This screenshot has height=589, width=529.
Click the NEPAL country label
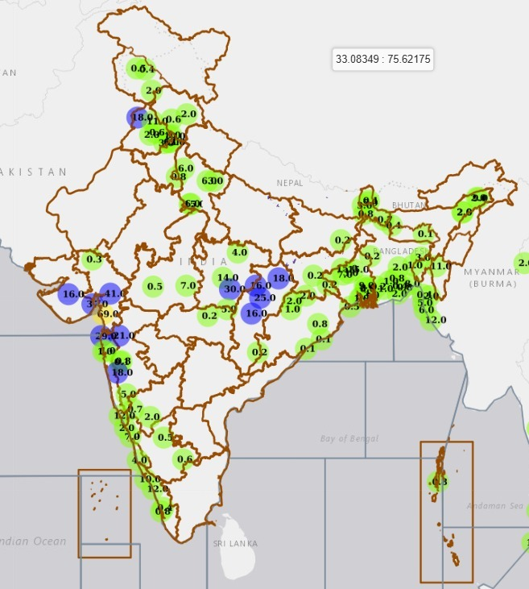coord(290,183)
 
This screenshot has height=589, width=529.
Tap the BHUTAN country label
coord(408,206)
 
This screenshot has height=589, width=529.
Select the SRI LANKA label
coord(235,544)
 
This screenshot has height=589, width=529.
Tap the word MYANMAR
coord(491,272)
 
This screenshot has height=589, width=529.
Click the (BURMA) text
coord(492,284)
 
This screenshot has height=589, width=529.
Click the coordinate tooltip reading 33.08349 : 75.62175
coord(383,60)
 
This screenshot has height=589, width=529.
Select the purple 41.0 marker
coord(111,294)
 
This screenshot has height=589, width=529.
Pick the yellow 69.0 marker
coord(107,313)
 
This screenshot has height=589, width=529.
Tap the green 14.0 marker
coord(228,278)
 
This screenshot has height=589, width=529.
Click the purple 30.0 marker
coord(234,289)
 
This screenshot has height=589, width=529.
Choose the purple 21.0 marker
coord(122,335)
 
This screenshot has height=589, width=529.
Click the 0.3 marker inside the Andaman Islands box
coord(439,483)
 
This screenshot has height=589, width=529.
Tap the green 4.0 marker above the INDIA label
coord(238,252)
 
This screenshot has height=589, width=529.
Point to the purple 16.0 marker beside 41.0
coord(72,295)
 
